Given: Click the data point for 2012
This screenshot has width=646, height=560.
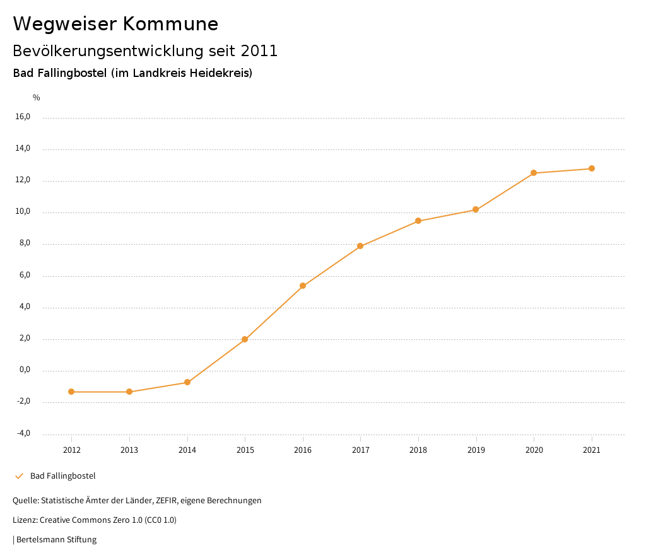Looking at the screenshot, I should tap(71, 392).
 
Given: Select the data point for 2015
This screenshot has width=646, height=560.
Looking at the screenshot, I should tap(245, 339).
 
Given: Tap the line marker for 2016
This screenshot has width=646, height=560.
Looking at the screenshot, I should tap(303, 286).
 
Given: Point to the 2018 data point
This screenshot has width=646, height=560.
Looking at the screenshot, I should tap(418, 221).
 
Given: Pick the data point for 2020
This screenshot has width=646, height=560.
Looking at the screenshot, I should tap(534, 173).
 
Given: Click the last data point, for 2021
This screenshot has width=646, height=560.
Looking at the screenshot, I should tap(592, 168).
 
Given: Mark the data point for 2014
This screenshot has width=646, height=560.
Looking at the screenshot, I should tap(187, 382).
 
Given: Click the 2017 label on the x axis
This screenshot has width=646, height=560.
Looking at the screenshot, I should tap(360, 450).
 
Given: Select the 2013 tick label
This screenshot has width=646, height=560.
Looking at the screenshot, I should tap(129, 450).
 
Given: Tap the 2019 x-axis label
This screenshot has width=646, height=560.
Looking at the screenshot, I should tap(476, 450).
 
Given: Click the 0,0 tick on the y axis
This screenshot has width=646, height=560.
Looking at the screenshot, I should tap(24, 370).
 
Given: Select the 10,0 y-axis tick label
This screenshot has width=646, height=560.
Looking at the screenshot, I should tap(22, 212).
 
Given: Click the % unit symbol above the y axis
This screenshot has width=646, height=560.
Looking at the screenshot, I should tap(37, 98).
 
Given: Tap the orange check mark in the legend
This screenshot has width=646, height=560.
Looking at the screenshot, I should tap(19, 475).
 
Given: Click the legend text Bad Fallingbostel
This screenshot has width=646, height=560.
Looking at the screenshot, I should tap(63, 475).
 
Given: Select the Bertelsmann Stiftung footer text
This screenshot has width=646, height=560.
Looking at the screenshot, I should tap(56, 540).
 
